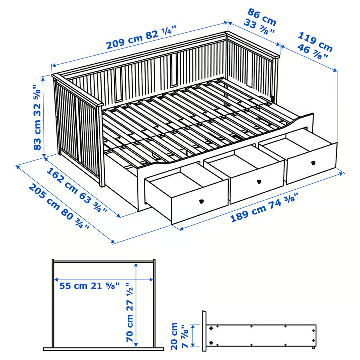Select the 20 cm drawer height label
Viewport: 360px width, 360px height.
pos(174,336)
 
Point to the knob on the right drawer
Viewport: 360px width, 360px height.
pos(312,163)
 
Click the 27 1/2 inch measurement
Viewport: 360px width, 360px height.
pos(130,295)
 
